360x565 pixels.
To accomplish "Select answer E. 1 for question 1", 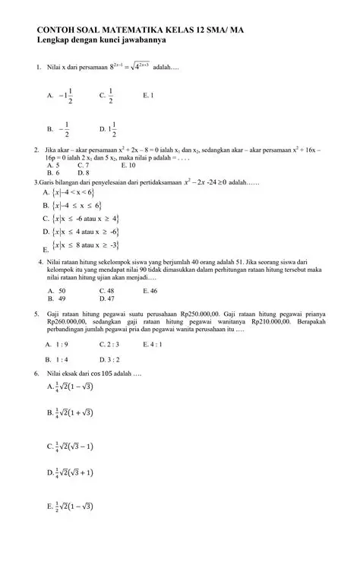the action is (148, 96).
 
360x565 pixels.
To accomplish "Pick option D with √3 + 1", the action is (74, 472).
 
